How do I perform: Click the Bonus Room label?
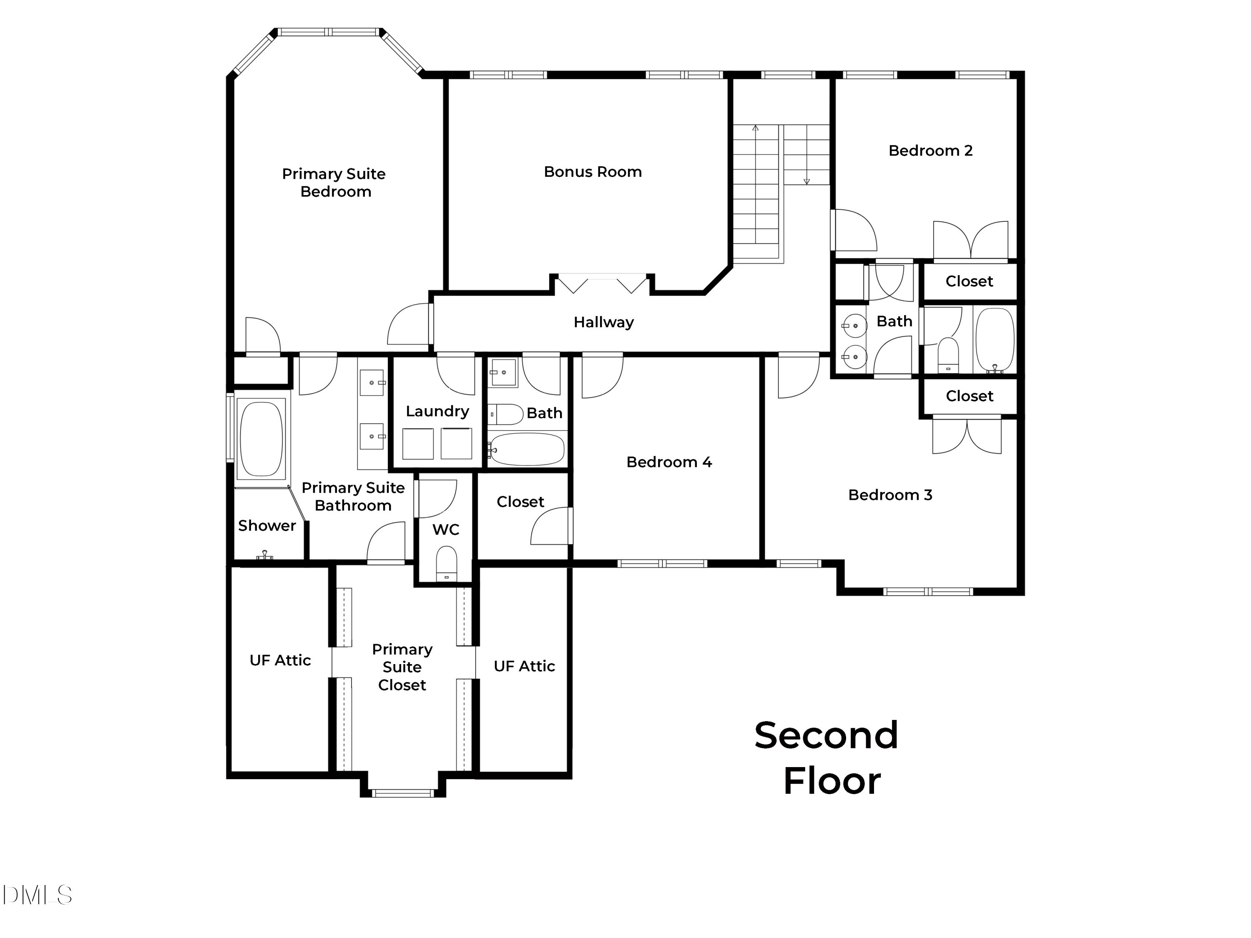593,172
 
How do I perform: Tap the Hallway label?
603,322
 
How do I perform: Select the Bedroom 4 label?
669,462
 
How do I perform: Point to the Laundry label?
437,411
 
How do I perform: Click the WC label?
446,530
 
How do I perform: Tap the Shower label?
267,526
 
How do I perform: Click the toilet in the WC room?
446,563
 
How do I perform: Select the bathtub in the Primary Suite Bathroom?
261,439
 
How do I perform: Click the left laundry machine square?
418,444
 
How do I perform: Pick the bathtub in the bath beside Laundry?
527,449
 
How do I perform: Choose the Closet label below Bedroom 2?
970,281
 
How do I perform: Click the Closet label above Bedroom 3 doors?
970,396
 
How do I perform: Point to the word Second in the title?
826,735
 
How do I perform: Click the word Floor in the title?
832,781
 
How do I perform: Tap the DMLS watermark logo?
38,895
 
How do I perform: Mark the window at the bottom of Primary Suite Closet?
403,793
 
